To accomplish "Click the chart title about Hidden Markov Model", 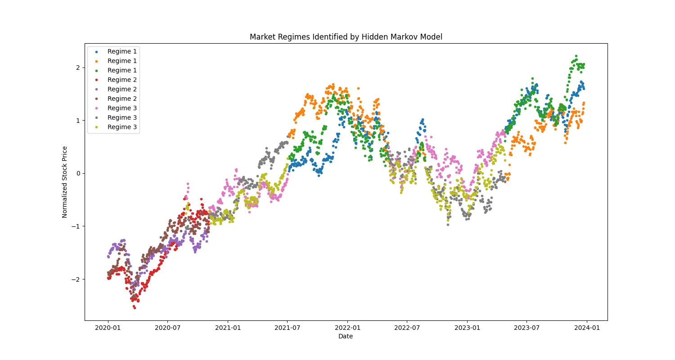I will (346, 37).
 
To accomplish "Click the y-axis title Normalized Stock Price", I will (65, 182).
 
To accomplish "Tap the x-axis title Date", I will (346, 336).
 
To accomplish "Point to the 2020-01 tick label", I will (108, 328).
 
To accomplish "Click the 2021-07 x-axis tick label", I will (288, 328).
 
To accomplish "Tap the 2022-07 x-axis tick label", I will (407, 328).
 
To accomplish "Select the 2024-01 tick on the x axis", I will (587, 328).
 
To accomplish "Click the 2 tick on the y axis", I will (77, 67).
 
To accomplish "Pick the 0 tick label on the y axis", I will (77, 173).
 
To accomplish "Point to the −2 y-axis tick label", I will (76, 279).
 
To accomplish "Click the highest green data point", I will (576, 56).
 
